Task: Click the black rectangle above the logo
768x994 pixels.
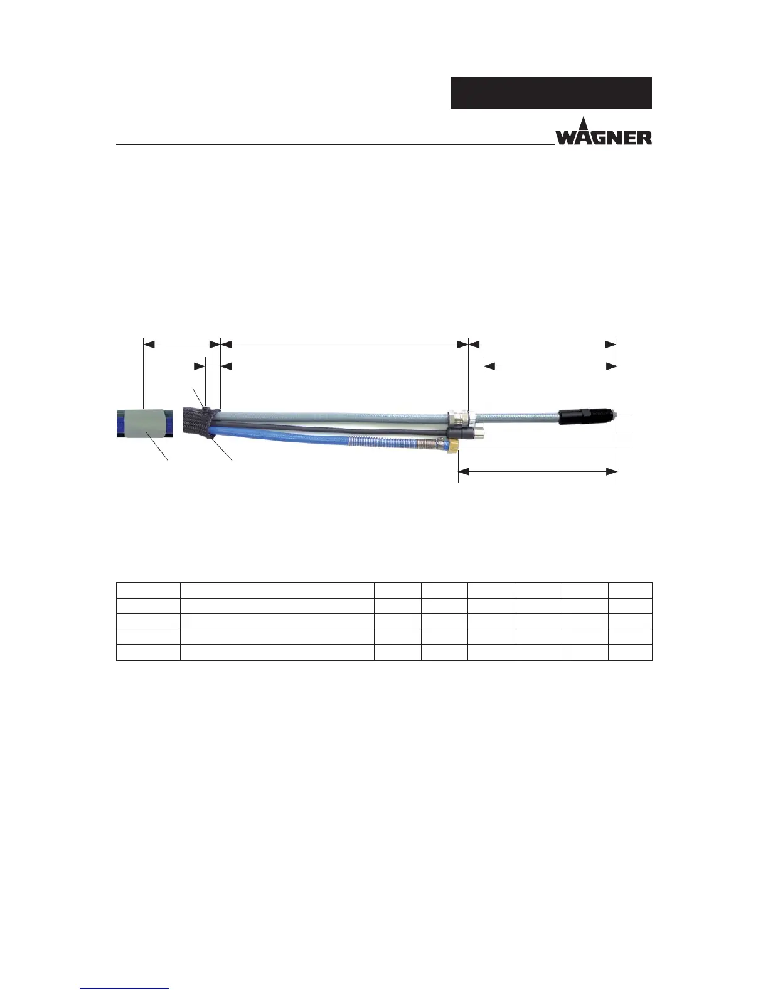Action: [x=551, y=94]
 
